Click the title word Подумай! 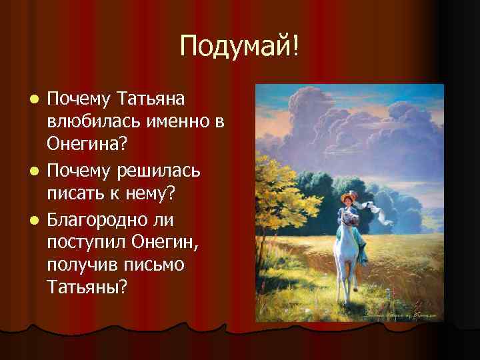(x=240, y=46)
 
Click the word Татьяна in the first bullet (x=153, y=99)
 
